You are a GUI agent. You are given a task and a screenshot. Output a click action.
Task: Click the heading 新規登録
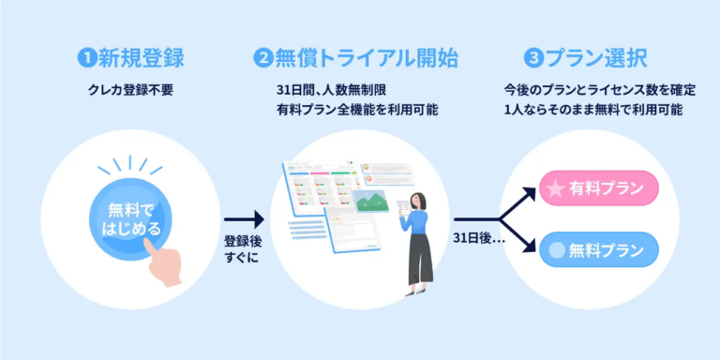(x=142, y=58)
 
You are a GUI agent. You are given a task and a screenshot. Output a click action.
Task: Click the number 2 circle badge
(x=262, y=58)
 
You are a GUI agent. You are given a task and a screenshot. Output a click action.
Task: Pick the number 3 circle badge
(x=534, y=58)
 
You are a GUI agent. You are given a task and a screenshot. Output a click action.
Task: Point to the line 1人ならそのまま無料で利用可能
(x=592, y=110)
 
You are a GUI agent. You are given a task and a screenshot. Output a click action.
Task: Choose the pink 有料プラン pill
(x=600, y=188)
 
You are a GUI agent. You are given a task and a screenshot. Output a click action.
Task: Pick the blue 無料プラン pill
(x=600, y=249)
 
